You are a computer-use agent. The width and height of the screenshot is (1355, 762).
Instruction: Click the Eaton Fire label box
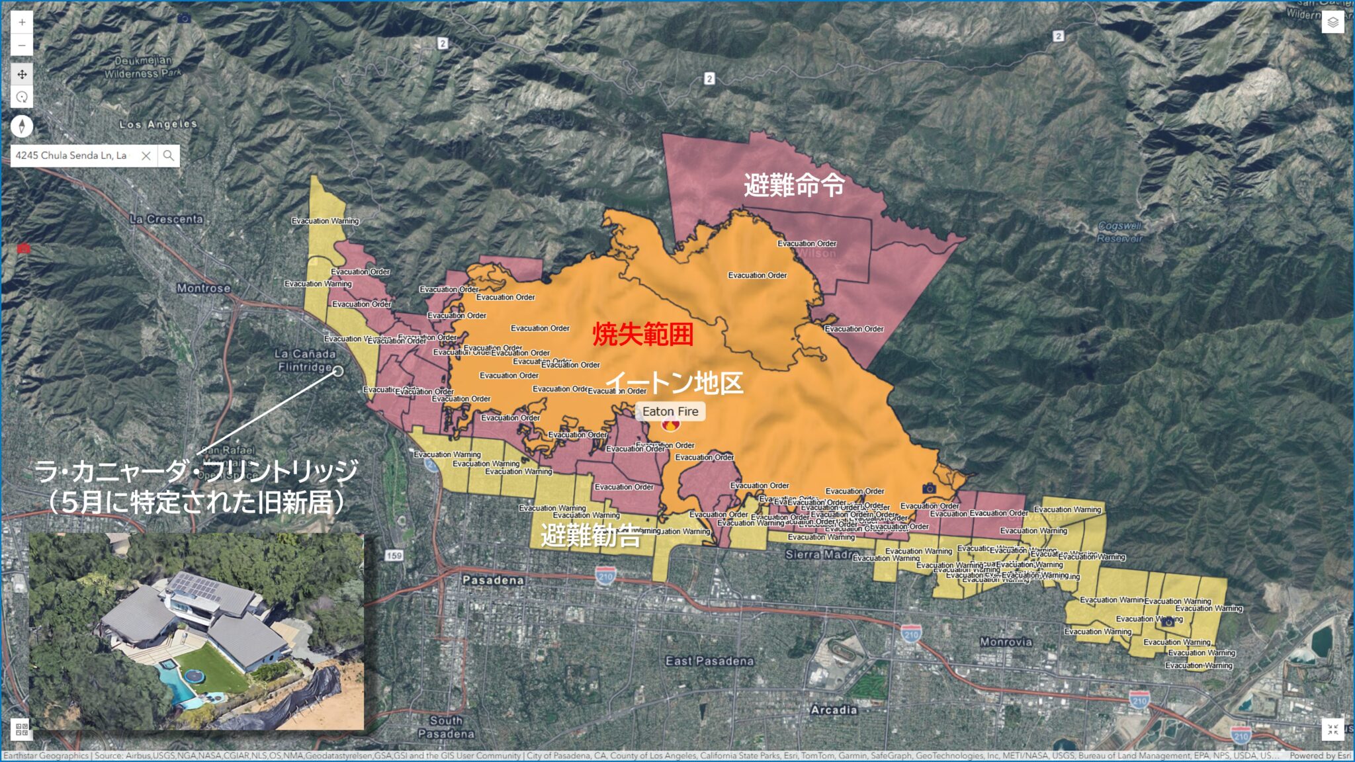[670, 411]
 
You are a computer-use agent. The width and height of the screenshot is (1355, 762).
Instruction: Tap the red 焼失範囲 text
[642, 334]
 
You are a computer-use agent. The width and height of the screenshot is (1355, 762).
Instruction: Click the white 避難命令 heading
[794, 185]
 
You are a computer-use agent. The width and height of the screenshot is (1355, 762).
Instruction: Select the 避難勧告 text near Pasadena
[590, 535]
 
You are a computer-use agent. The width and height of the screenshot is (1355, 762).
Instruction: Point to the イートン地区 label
[675, 382]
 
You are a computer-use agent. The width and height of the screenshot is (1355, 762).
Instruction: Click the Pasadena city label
[493, 580]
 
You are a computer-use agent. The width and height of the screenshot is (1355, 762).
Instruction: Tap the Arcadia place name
[834, 710]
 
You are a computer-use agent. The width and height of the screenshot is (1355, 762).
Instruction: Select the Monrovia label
[1006, 642]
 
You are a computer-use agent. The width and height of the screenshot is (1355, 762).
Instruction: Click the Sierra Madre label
[821, 554]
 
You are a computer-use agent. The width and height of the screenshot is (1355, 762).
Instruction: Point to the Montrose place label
[204, 288]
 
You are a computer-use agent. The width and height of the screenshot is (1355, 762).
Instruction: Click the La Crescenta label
[167, 219]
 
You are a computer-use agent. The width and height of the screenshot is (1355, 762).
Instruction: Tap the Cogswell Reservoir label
[1119, 232]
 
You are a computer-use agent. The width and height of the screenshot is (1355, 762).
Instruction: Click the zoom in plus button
[22, 22]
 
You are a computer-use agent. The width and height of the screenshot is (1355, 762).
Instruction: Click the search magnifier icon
[169, 155]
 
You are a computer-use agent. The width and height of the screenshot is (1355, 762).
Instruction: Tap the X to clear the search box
[146, 155]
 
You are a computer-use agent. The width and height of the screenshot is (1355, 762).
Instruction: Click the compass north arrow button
[22, 126]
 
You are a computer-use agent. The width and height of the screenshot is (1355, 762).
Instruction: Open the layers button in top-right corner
[1333, 22]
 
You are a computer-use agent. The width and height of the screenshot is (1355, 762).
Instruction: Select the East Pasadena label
[709, 661]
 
